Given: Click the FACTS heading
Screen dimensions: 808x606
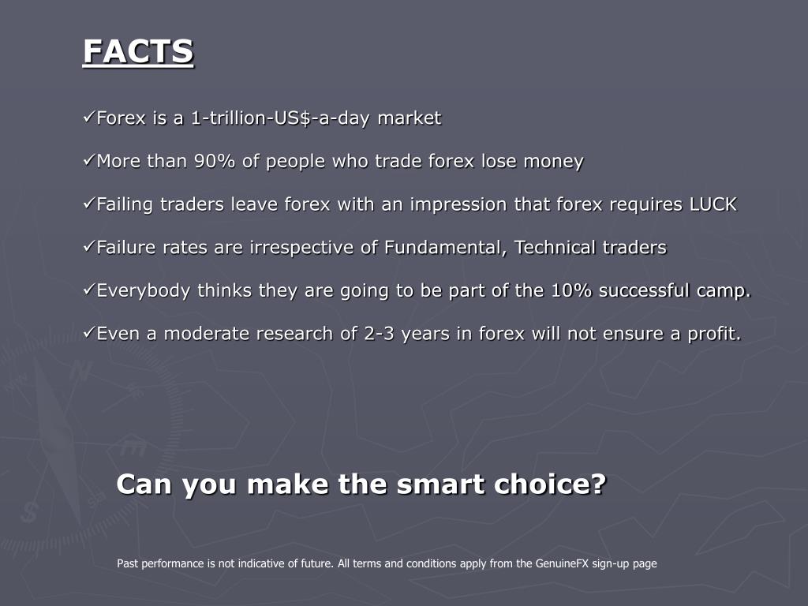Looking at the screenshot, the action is click(138, 51).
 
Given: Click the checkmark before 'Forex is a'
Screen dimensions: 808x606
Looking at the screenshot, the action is click(88, 118).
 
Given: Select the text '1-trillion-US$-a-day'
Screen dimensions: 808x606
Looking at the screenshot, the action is click(280, 118).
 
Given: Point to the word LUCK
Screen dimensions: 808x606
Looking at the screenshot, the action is click(713, 204).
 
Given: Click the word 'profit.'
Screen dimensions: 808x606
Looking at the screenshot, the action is click(714, 334).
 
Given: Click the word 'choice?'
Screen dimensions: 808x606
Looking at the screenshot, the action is click(550, 484).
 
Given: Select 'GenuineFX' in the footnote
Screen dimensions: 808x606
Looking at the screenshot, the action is click(562, 563).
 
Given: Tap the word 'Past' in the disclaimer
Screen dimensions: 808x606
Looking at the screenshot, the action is click(127, 563).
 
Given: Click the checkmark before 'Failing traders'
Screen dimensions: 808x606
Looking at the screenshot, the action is click(88, 204).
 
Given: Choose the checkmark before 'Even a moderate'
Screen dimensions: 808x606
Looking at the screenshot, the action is click(88, 334).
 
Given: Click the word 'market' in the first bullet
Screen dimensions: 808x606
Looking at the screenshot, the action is click(410, 118).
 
